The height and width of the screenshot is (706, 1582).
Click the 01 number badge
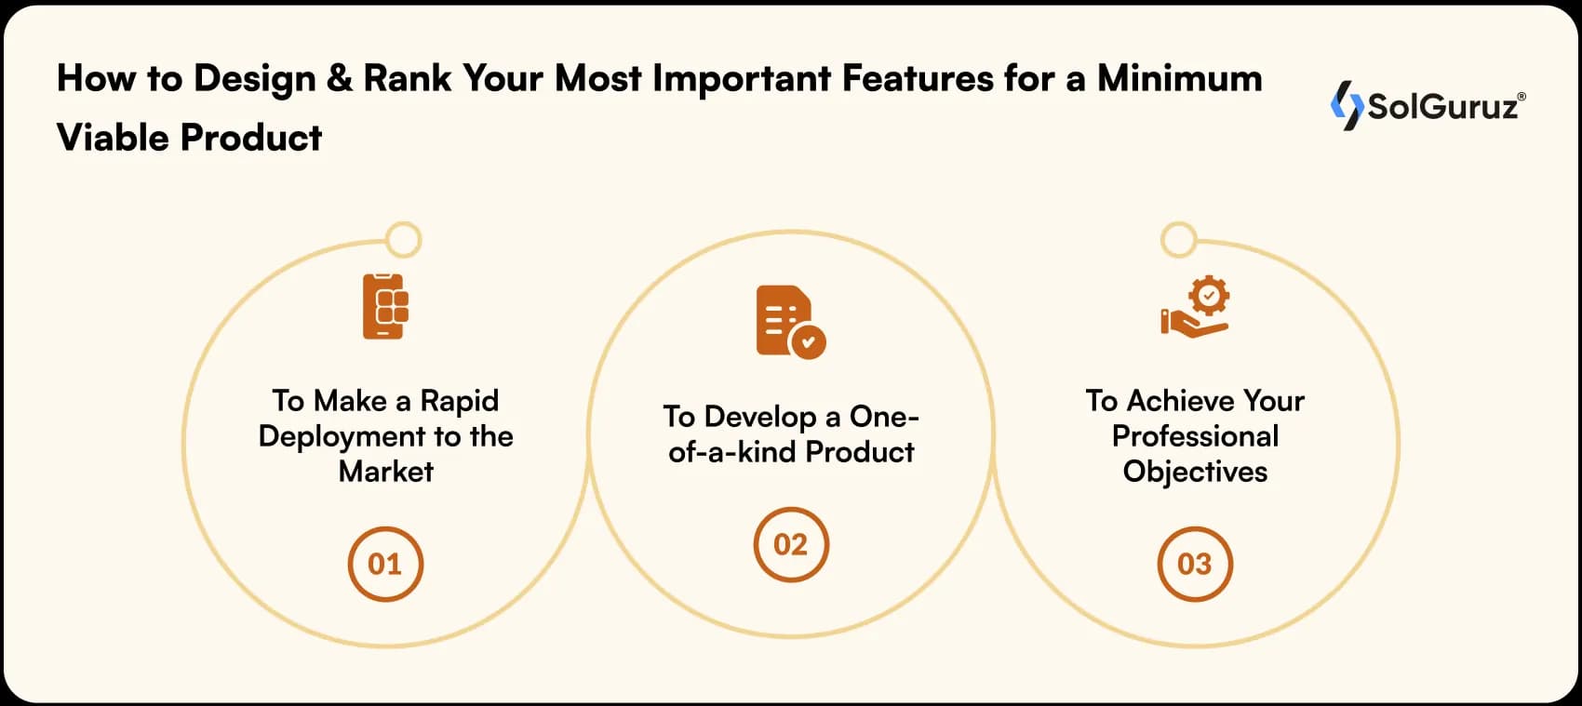(385, 565)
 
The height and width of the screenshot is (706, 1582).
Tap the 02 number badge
(791, 545)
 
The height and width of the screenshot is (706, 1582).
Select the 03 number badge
(1195, 565)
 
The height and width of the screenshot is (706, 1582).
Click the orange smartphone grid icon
(385, 306)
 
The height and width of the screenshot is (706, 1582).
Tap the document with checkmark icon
(789, 321)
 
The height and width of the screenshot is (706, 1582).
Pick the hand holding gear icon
(1196, 307)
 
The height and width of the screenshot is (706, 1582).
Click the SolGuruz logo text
(1442, 107)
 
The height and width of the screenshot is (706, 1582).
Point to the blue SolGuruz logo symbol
(1346, 105)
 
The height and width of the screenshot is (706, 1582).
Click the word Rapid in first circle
(459, 401)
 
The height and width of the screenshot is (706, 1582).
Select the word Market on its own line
(385, 472)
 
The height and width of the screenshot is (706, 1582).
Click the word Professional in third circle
(1195, 436)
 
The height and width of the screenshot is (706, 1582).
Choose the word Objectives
(1195, 472)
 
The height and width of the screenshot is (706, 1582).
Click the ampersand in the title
(340, 79)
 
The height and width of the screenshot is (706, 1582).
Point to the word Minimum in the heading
(1179, 79)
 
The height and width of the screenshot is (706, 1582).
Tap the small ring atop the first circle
(403, 240)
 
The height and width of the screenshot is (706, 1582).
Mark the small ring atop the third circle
(1178, 240)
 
